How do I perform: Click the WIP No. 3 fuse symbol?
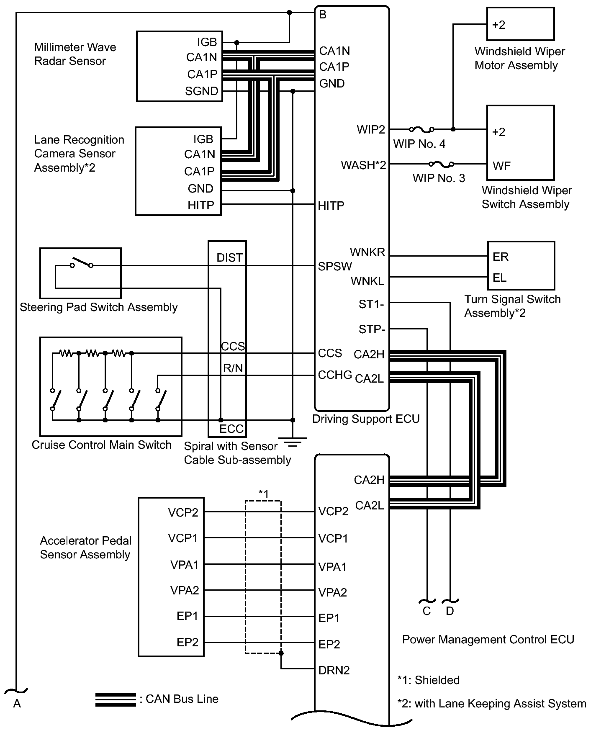pyautogui.click(x=441, y=164)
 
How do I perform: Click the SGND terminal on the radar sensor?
pyautogui.click(x=202, y=91)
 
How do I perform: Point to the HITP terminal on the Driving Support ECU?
pyautogui.click(x=331, y=206)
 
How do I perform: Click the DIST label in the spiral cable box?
pyautogui.click(x=229, y=258)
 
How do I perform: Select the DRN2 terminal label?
pyautogui.click(x=334, y=670)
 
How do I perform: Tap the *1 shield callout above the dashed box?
pyautogui.click(x=263, y=494)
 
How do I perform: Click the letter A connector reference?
pyautogui.click(x=17, y=704)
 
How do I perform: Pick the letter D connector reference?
pyautogui.click(x=450, y=611)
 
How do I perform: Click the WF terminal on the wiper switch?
pyautogui.click(x=501, y=166)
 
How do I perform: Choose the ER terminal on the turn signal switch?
pyautogui.click(x=501, y=257)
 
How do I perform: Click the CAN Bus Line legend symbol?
pyautogui.click(x=116, y=699)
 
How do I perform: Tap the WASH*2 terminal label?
pyautogui.click(x=363, y=165)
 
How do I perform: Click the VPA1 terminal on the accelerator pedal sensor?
pyautogui.click(x=185, y=565)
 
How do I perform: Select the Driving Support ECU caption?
pyautogui.click(x=366, y=419)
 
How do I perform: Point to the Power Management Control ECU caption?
pyautogui.click(x=488, y=639)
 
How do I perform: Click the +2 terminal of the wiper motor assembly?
pyautogui.click(x=498, y=25)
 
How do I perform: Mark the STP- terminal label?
pyautogui.click(x=372, y=329)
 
